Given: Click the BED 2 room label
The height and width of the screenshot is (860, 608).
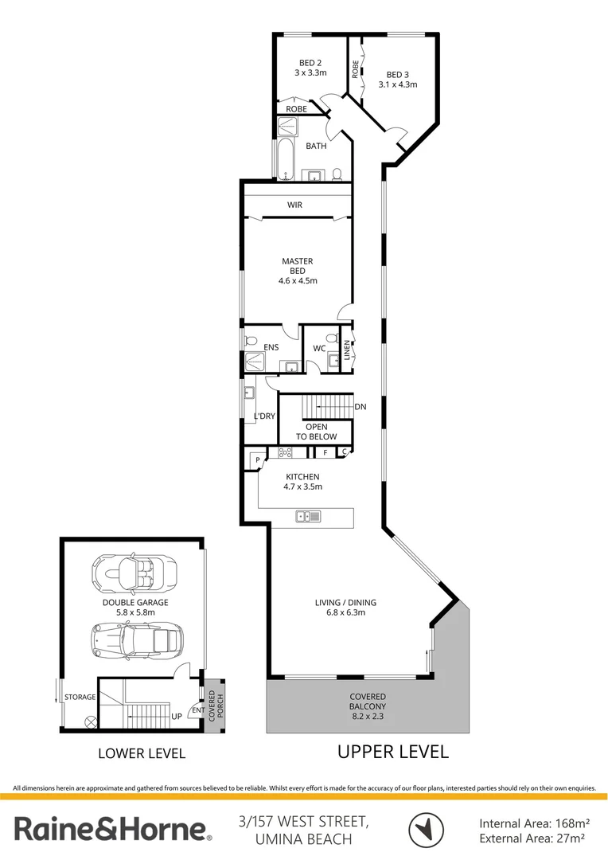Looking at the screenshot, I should (310, 64).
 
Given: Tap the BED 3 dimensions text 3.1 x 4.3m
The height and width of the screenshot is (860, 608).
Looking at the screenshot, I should (398, 84).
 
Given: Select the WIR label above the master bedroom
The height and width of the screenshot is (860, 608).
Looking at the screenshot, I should (295, 205).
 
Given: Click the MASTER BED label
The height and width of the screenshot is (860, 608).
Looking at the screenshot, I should (298, 266).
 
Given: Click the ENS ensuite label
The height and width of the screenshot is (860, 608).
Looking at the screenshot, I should (271, 347).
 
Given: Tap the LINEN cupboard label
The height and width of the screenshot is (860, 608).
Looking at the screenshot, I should (348, 350).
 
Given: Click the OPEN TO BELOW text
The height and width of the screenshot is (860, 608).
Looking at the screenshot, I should (317, 432).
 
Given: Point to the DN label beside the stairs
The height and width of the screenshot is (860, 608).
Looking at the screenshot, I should (361, 407).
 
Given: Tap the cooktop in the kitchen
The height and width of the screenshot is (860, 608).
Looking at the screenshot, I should (284, 452).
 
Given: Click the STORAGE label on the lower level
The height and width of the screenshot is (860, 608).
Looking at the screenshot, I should (80, 698).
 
